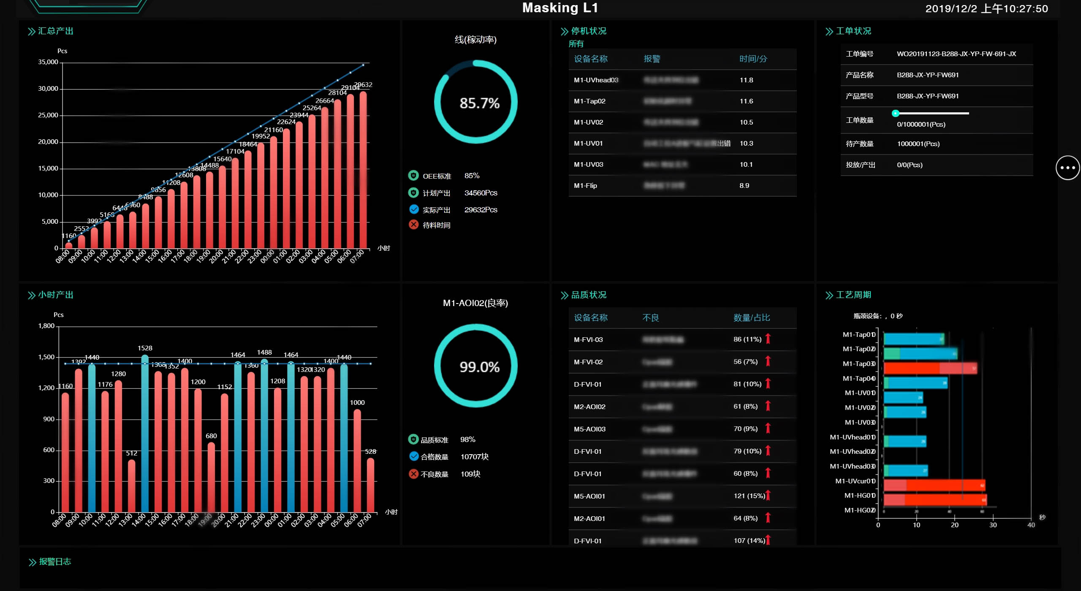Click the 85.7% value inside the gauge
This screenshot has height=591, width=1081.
click(x=479, y=103)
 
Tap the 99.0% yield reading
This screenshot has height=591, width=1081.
click(x=479, y=367)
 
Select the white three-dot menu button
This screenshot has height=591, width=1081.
click(x=1067, y=168)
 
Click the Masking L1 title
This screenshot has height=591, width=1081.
click(x=560, y=8)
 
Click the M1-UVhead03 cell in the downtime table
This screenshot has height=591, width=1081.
click(x=596, y=80)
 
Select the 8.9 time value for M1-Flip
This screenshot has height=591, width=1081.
click(x=744, y=186)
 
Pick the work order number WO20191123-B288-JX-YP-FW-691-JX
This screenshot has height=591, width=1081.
click(x=956, y=54)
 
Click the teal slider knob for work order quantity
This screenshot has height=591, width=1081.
click(x=895, y=113)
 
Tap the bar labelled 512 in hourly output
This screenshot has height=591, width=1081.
click(x=132, y=485)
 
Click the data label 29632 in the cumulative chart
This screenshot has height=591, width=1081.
click(x=363, y=85)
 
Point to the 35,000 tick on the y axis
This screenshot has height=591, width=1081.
click(x=48, y=62)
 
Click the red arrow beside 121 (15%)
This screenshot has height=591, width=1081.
click(x=768, y=496)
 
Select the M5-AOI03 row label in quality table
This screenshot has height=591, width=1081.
click(x=589, y=429)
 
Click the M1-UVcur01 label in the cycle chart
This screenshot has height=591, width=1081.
click(x=855, y=481)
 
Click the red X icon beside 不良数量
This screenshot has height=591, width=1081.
click(x=414, y=474)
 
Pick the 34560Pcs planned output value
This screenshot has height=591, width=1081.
click(x=481, y=193)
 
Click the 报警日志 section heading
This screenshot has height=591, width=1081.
click(x=55, y=562)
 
